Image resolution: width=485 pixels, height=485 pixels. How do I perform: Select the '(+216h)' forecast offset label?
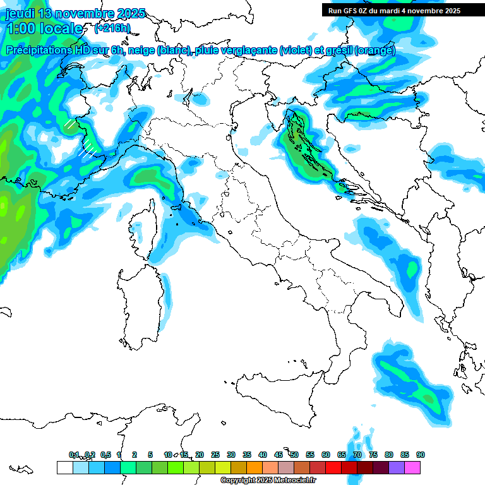click(112, 28)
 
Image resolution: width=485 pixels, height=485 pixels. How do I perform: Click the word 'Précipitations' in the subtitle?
click(40, 51)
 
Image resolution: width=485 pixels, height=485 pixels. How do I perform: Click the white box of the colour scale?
click(64, 467)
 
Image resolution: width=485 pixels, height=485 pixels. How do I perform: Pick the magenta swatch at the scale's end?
click(412, 467)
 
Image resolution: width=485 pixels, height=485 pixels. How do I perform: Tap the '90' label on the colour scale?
click(420, 455)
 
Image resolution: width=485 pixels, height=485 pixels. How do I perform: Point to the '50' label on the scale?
click(294, 455)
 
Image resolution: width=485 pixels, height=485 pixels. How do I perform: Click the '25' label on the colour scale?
click(215, 455)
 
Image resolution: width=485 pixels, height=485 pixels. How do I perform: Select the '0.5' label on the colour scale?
click(105, 455)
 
